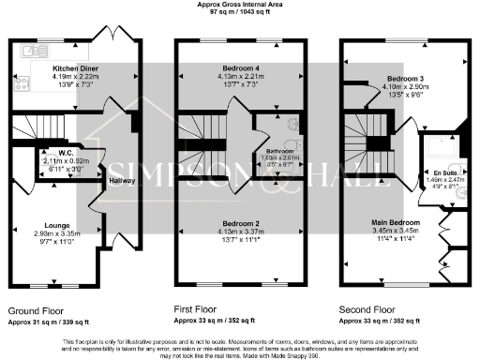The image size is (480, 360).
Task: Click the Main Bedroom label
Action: point(397,222)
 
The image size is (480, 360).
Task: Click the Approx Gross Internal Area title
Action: point(240,5)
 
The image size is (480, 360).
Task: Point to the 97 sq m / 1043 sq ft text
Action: point(240,13)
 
